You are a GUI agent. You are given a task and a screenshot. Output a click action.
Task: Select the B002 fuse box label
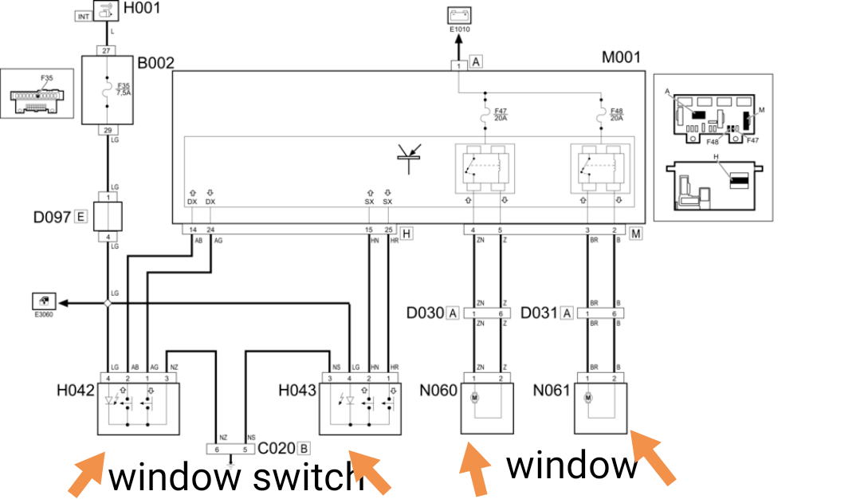[x=155, y=62]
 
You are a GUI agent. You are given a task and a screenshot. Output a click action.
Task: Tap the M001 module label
[x=621, y=57]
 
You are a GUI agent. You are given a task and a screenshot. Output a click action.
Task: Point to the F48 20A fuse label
[x=616, y=115]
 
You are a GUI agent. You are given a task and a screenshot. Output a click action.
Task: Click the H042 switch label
[x=76, y=391]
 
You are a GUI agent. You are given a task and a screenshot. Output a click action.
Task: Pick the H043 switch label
[x=297, y=391]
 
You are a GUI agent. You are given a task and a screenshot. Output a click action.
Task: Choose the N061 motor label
[x=553, y=391]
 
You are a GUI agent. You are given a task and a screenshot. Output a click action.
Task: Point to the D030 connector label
[x=425, y=313]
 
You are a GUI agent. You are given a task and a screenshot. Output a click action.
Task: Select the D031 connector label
[x=538, y=313]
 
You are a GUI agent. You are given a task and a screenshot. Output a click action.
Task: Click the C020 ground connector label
[x=277, y=449]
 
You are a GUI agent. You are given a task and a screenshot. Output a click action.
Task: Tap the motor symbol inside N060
[x=474, y=396]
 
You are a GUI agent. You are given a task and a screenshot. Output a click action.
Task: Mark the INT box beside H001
[x=84, y=15]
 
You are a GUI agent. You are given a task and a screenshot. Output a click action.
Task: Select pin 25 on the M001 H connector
[x=387, y=230]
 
